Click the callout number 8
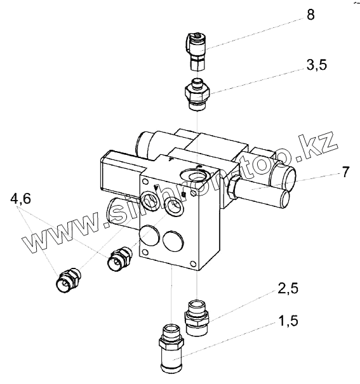(310, 15)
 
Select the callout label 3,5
(317, 65)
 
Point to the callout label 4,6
(21, 199)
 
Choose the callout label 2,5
(288, 288)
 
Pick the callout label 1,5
(288, 321)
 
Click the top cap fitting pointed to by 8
(197, 51)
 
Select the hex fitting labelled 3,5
(197, 95)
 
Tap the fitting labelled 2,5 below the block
(197, 317)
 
